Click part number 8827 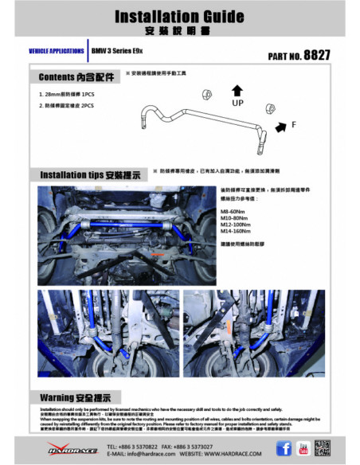[x=299, y=57]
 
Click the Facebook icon [x=284, y=449]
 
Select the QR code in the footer [x=326, y=449]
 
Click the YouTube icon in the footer [x=303, y=449]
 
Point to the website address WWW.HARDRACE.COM [x=211, y=454]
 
